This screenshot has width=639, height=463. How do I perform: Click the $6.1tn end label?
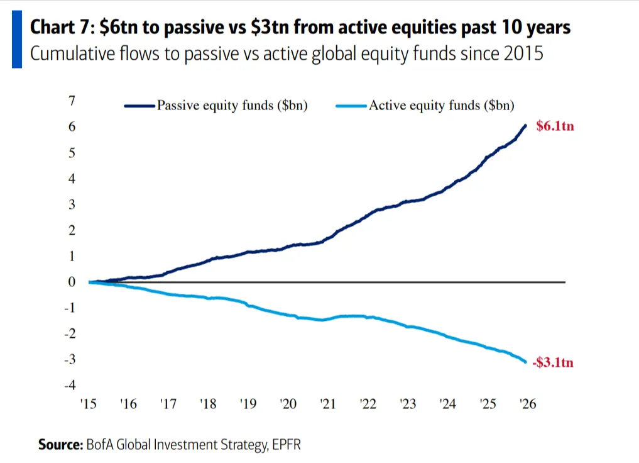coord(555,126)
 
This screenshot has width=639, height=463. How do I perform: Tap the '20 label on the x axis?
coord(288,404)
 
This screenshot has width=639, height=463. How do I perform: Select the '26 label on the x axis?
coord(528,404)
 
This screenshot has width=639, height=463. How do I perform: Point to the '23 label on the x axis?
coord(408,404)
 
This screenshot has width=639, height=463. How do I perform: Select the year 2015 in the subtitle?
coord(523,53)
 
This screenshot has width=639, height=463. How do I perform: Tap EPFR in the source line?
coord(288,444)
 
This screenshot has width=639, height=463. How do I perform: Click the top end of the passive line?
coord(526,125)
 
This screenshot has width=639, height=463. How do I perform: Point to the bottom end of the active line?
coord(526,362)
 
